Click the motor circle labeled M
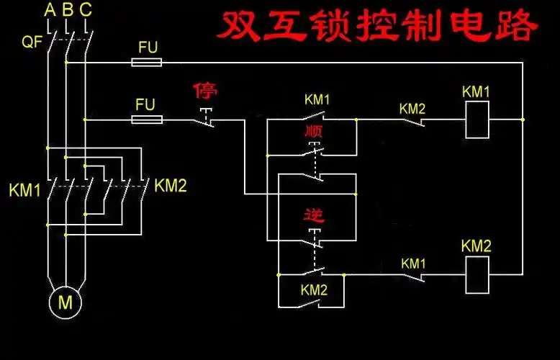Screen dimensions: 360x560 (66, 302)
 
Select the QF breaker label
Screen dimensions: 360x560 (32, 42)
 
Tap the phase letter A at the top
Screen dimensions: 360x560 (49, 10)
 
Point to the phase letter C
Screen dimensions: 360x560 (86, 10)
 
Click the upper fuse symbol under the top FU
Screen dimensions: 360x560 (146, 63)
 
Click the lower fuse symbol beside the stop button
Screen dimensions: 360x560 (146, 120)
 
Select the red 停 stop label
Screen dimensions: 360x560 (205, 91)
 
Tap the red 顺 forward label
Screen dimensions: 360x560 (314, 133)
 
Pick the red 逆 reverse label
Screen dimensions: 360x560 (314, 214)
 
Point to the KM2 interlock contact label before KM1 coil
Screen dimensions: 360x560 (412, 109)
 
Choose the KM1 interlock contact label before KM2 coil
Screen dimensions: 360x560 (413, 264)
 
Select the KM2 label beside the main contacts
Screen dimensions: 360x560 (171, 186)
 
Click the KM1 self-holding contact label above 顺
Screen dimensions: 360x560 (316, 99)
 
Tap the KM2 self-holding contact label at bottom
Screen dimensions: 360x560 (314, 290)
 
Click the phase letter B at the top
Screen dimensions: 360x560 (68, 10)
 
